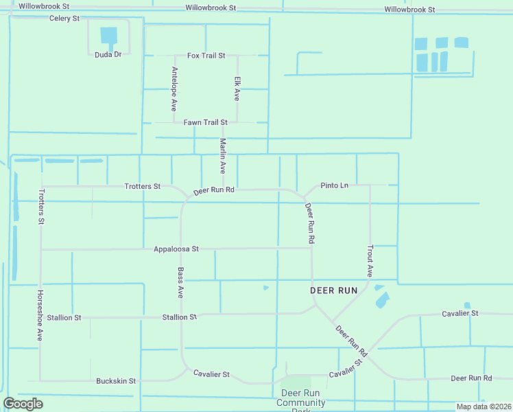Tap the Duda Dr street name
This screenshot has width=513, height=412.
tap(108, 54)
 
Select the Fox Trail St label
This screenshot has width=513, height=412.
tap(206, 55)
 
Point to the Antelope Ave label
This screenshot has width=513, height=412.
tap(174, 89)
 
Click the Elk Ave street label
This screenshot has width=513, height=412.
tap(237, 89)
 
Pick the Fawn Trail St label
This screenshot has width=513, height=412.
tap(205, 122)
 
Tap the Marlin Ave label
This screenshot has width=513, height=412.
tap(222, 157)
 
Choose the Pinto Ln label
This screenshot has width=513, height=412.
tap(335, 185)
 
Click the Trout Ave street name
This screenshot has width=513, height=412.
tap(370, 261)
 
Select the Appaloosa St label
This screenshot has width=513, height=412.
tap(176, 249)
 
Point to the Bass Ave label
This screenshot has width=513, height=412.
tap(180, 282)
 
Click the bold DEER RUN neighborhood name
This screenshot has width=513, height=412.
tap(334, 290)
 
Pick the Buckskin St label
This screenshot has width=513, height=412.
tap(116, 380)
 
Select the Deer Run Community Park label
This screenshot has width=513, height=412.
tap(300, 401)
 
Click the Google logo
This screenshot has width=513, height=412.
tap(23, 404)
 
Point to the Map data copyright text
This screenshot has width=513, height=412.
tap(484, 407)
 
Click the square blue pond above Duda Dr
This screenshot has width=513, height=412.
tap(109, 35)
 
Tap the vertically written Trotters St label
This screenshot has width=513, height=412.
tap(41, 207)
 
